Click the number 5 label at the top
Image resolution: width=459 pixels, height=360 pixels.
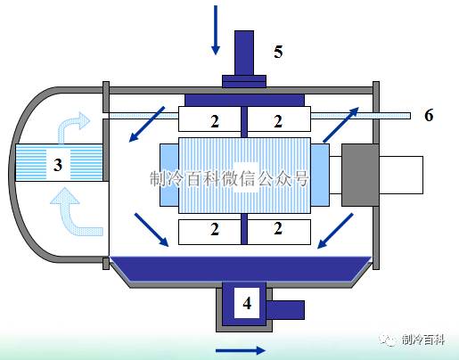pyautogui.click(x=278, y=52)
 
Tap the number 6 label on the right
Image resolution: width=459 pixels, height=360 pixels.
pyautogui.click(x=429, y=115)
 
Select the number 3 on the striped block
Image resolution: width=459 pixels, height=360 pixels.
pyautogui.click(x=58, y=165)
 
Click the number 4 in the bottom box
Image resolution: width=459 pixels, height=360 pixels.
pyautogui.click(x=247, y=303)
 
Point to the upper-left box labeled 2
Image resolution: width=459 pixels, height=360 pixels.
pyautogui.click(x=209, y=119)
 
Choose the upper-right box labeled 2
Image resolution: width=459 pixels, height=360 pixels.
pyautogui.click(x=279, y=119)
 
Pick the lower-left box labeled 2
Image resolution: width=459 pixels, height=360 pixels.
pyautogui.click(x=209, y=232)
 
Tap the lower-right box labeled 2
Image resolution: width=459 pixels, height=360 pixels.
pyautogui.click(x=279, y=232)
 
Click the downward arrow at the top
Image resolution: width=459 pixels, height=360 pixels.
pyautogui.click(x=216, y=30)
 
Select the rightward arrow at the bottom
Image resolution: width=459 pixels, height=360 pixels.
pyautogui.click(x=241, y=350)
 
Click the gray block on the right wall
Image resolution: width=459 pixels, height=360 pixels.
pyautogui.click(x=360, y=175)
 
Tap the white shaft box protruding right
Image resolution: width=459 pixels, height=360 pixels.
pyautogui.click(x=401, y=175)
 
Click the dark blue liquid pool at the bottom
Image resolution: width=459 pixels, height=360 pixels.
pyautogui.click(x=241, y=268)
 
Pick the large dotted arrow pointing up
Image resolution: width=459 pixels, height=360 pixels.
pyautogui.click(x=73, y=212)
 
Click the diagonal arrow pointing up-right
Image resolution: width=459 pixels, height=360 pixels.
pyautogui.click(x=341, y=125)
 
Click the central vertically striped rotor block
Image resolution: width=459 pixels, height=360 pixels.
pyautogui.click(x=244, y=176)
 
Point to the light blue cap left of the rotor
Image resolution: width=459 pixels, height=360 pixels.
pyautogui.click(x=169, y=175)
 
